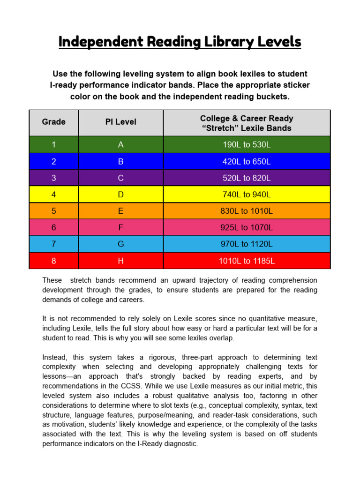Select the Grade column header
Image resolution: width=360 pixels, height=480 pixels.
(x=53, y=122)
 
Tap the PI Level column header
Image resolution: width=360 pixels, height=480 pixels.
(x=120, y=122)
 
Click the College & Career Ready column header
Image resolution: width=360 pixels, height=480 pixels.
(x=247, y=123)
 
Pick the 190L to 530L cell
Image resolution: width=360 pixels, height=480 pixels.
(x=247, y=145)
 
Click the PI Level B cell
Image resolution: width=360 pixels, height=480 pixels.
(x=120, y=162)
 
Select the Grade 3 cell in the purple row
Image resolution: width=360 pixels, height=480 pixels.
(x=53, y=178)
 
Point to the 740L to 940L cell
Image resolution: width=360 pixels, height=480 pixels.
(x=247, y=195)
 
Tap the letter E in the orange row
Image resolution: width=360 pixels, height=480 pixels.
(x=120, y=211)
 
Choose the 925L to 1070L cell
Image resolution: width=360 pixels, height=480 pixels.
(x=247, y=228)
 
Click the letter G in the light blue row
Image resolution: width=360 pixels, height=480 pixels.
(x=120, y=244)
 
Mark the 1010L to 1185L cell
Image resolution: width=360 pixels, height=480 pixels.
(x=247, y=261)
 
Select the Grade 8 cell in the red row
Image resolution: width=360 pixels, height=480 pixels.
(x=53, y=261)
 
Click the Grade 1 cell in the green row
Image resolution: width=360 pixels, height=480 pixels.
(x=53, y=145)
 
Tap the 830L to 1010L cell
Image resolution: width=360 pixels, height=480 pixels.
(x=247, y=211)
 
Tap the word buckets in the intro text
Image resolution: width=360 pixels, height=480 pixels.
(x=272, y=97)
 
